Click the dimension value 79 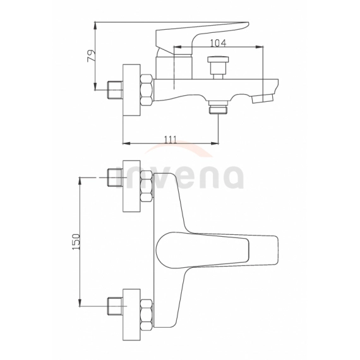(x=91, y=57)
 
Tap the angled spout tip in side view (x=264, y=99)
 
